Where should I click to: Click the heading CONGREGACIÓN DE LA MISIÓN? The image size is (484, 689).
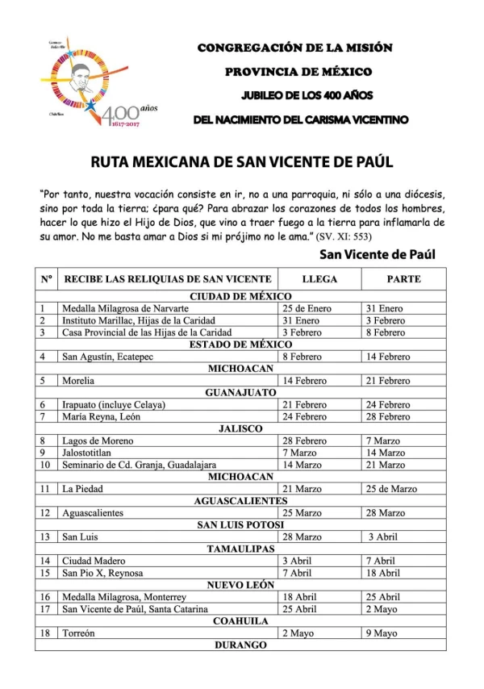click(295, 48)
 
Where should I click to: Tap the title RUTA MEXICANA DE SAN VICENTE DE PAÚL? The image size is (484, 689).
click(242, 162)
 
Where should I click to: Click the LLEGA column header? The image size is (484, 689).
click(319, 279)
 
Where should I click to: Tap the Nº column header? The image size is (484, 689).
click(46, 279)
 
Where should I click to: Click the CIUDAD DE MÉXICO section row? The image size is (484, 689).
click(240, 296)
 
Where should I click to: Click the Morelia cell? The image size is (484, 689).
click(80, 380)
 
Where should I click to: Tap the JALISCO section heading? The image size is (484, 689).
click(240, 428)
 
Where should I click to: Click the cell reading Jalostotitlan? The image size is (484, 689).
click(93, 453)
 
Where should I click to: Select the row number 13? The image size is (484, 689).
click(46, 537)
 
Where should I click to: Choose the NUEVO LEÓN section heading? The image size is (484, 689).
click(240, 585)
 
